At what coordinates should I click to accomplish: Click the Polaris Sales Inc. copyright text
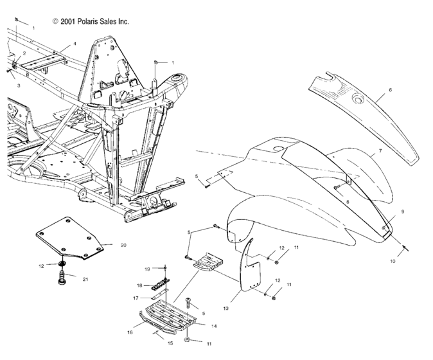click(x=91, y=21)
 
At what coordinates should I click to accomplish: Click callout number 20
click(x=123, y=245)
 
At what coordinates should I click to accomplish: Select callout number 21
click(x=85, y=280)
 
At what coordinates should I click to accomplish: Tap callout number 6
click(x=390, y=90)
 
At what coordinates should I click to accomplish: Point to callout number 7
click(x=380, y=151)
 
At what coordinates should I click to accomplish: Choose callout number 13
click(x=226, y=309)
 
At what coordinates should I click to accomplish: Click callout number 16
click(x=130, y=332)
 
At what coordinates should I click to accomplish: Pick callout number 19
click(x=147, y=269)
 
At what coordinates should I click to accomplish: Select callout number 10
click(x=393, y=261)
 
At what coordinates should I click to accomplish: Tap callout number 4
click(x=75, y=44)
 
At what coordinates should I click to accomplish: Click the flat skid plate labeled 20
click(x=69, y=238)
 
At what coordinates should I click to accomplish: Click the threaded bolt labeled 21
click(x=62, y=278)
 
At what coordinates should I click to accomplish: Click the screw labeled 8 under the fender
click(x=337, y=187)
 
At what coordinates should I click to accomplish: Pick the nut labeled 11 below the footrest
click(x=187, y=340)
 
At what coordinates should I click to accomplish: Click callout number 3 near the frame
click(x=19, y=85)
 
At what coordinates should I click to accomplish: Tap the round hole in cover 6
click(x=358, y=98)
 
